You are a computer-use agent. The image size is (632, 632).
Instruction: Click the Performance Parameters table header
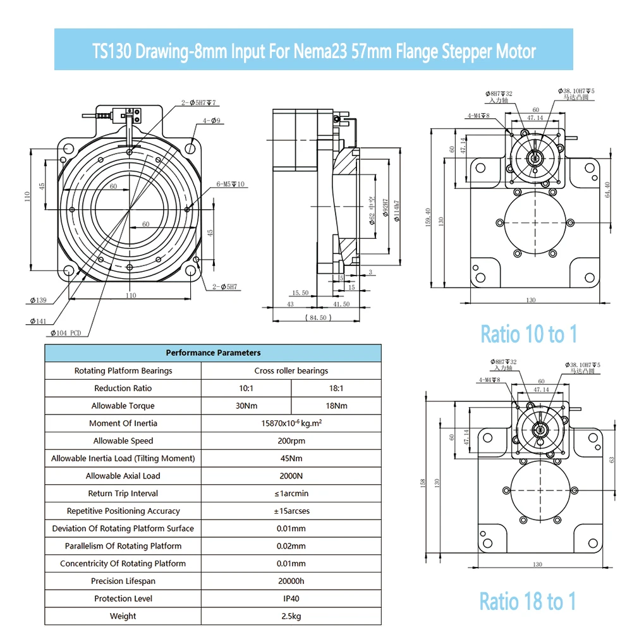[213, 353]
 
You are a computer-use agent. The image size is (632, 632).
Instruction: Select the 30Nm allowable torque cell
[246, 406]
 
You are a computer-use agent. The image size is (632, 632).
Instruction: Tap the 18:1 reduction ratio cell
[336, 388]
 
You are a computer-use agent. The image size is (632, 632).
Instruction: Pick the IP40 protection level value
[291, 599]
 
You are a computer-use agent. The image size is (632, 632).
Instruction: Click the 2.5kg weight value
[291, 616]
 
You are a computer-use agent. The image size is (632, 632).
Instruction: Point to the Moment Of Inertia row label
[123, 423]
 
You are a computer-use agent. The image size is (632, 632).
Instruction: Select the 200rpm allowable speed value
[291, 441]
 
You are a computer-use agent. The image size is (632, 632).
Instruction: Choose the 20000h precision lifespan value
[291, 581]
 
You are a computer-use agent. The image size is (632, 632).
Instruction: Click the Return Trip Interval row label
[123, 494]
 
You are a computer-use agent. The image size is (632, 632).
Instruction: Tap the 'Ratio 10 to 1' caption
[529, 334]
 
